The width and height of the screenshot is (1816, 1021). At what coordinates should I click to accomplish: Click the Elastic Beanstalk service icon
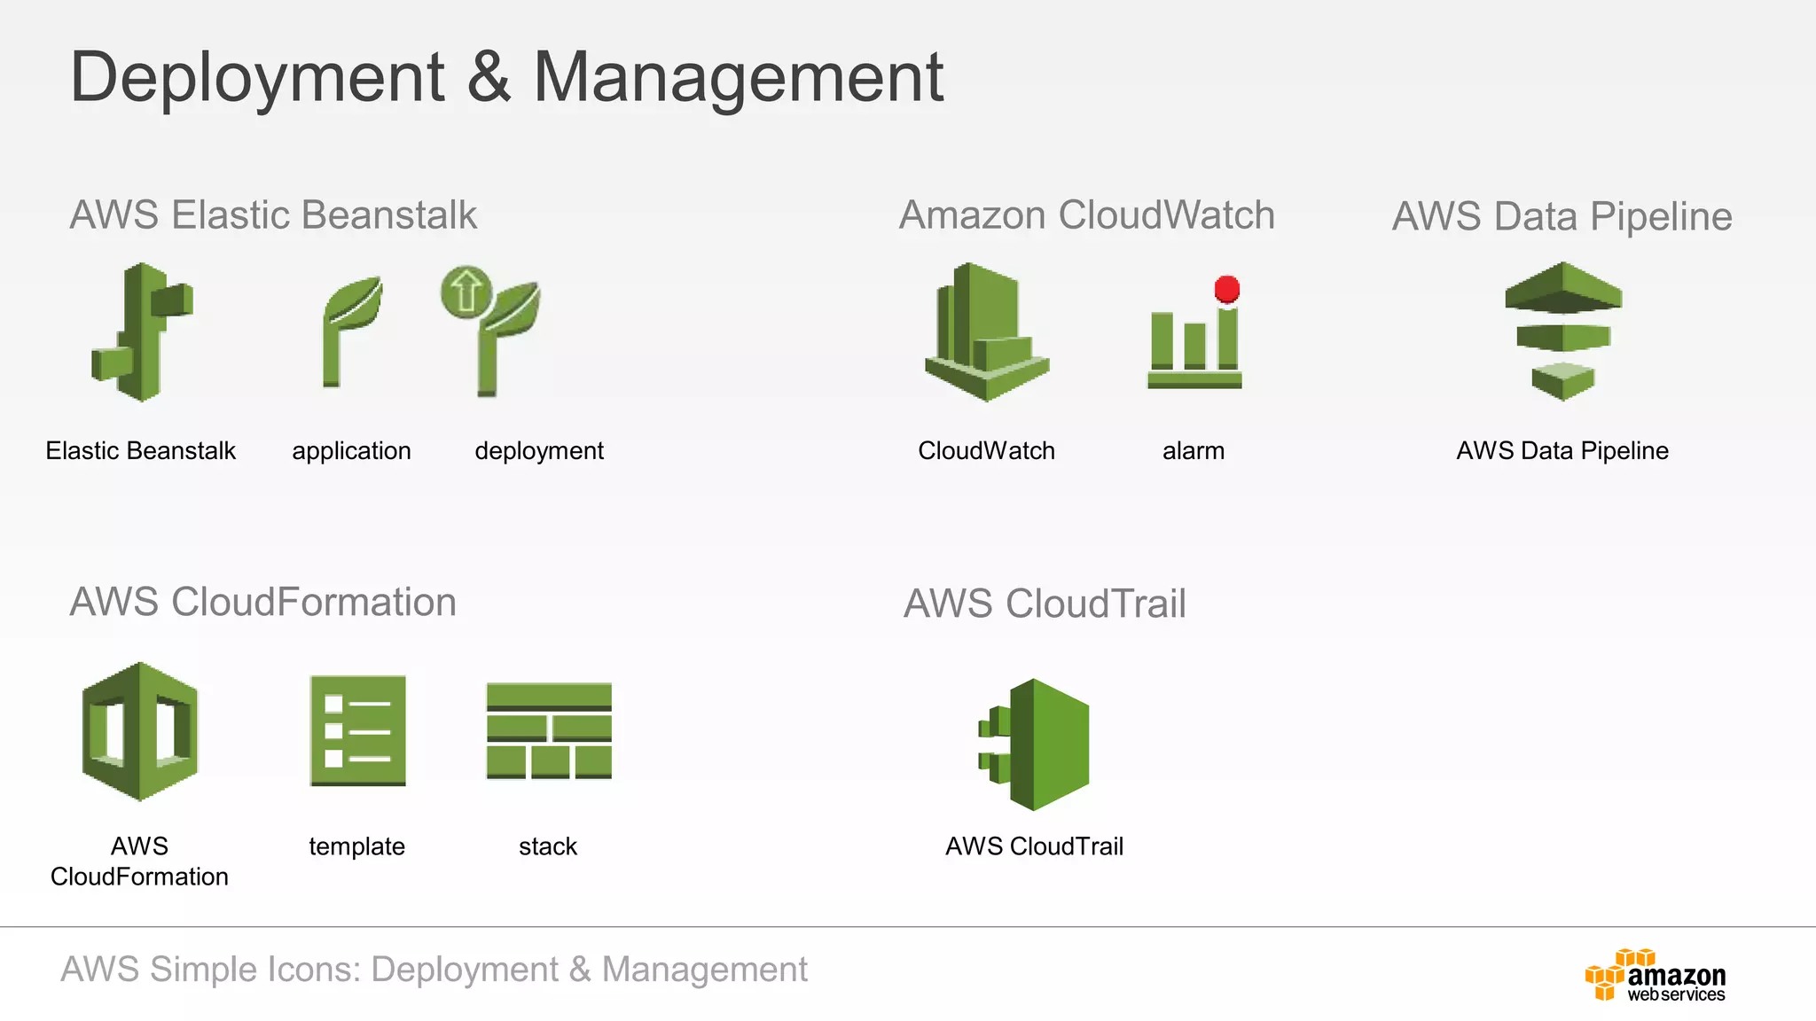point(143,332)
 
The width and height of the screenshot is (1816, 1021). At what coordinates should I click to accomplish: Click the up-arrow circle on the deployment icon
point(466,291)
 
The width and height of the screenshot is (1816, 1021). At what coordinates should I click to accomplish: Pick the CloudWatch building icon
point(986,332)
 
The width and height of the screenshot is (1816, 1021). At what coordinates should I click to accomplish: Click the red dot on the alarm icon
point(1227,289)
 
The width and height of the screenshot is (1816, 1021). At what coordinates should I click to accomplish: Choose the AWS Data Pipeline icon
point(1563,331)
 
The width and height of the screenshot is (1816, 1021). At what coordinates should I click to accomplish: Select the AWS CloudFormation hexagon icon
point(140,731)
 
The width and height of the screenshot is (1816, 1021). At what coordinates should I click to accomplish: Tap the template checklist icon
point(357,731)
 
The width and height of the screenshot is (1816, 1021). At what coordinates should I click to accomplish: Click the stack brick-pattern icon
point(549,731)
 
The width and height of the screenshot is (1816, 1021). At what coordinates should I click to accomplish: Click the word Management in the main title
point(738,78)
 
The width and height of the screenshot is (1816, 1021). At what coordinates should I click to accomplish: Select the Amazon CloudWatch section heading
point(1086,215)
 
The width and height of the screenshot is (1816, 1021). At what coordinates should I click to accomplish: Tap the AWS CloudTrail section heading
point(1045,604)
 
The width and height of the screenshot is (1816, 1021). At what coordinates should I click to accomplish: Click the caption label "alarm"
point(1194,451)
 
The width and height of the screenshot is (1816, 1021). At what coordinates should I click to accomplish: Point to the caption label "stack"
point(548,846)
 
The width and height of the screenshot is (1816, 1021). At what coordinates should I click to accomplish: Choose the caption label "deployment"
point(539,451)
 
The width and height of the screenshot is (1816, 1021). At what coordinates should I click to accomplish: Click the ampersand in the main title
point(489,78)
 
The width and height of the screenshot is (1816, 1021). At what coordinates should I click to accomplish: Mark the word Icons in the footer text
point(314,970)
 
